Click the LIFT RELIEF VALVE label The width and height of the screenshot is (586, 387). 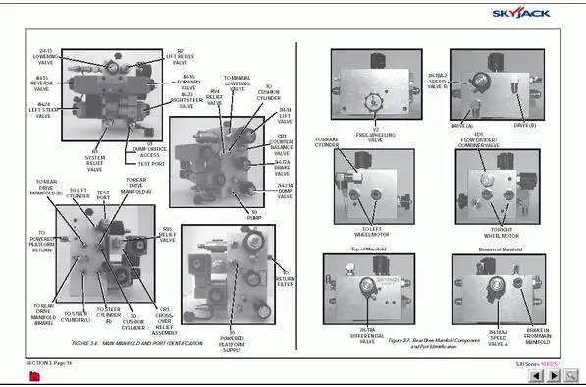tap(180, 57)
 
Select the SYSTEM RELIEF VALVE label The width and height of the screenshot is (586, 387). tap(95, 162)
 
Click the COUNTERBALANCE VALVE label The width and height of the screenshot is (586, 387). tap(282, 143)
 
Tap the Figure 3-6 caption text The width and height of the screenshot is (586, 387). tap(136, 342)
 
